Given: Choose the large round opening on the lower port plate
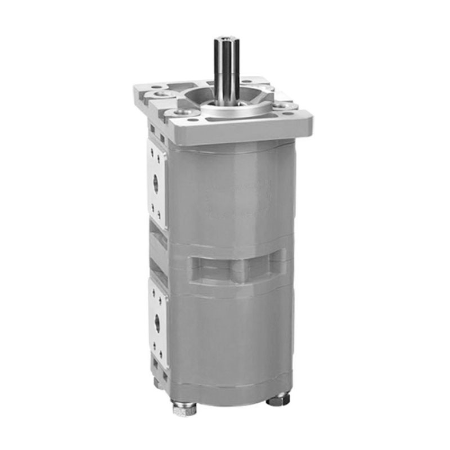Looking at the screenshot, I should [x=157, y=322].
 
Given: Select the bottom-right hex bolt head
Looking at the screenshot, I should [x=277, y=400].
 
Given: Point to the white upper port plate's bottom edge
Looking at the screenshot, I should [x=159, y=225].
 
